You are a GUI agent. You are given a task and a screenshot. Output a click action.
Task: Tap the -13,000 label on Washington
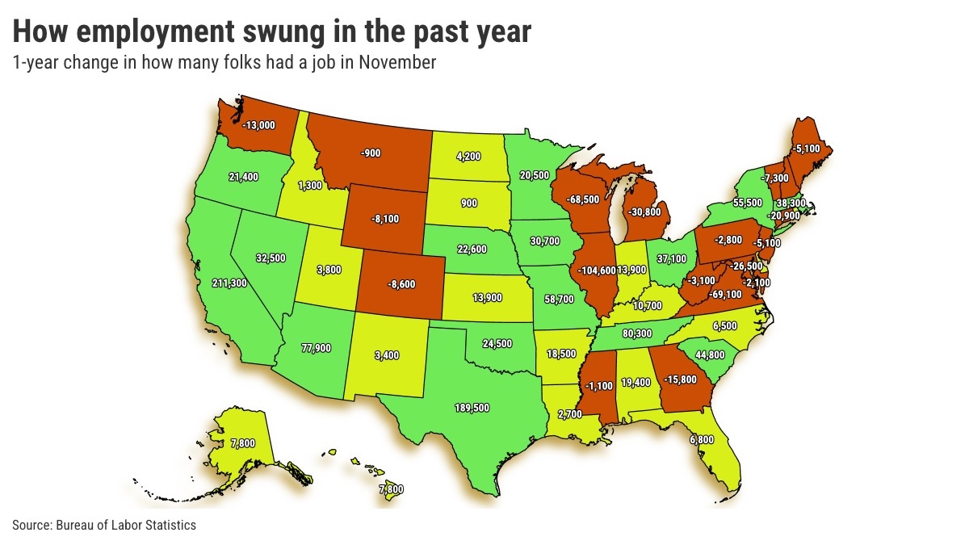[x=258, y=125]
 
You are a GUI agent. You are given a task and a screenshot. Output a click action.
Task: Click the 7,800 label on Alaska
[x=220, y=443]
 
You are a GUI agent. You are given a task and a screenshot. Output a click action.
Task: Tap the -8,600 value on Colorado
[x=401, y=285]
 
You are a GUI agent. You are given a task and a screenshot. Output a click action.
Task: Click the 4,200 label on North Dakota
[x=467, y=157]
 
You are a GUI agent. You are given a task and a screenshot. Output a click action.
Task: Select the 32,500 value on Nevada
[x=271, y=258]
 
